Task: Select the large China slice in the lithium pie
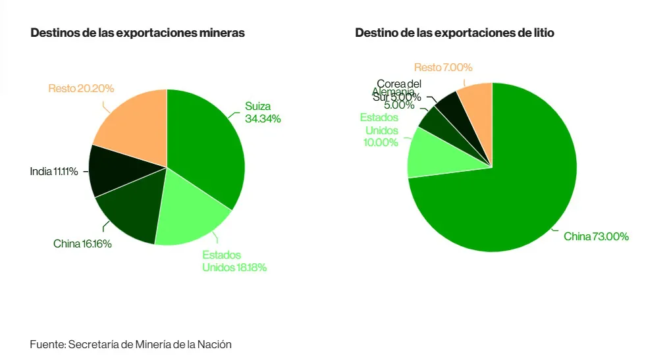coord(507,191)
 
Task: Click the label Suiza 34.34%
coord(263,113)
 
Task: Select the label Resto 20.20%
coord(81,88)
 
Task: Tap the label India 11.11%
coord(54,172)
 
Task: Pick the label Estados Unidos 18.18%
coord(234,261)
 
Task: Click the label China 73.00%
coord(596,236)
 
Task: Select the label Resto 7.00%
coord(443,67)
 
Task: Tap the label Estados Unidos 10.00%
coord(379,130)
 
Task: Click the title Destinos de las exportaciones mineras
coord(138,33)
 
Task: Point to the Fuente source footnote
coord(131,344)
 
